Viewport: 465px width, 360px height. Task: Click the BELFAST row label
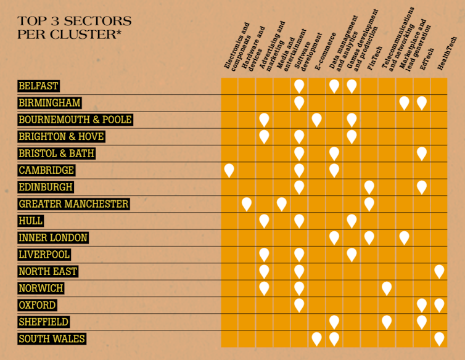[x=39, y=86]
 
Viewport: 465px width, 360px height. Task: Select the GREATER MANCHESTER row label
[x=73, y=203]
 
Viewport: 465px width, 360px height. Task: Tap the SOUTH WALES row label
[x=52, y=338]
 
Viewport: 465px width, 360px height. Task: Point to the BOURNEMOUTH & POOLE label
[x=75, y=120]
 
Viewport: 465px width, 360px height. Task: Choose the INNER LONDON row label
[x=53, y=237]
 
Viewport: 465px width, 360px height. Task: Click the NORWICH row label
[x=41, y=288]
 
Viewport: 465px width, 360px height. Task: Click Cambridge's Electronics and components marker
[x=229, y=170]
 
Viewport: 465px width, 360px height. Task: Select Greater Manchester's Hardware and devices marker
[x=247, y=203]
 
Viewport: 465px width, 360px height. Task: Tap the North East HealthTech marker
[x=439, y=271]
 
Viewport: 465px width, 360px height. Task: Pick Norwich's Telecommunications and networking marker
[x=387, y=287]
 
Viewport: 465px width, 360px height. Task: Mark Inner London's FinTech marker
[x=369, y=237]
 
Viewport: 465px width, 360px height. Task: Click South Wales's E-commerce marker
[x=316, y=338]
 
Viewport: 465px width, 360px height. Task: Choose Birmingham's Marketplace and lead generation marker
[x=404, y=102]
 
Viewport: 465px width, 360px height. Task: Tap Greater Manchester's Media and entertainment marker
[x=282, y=203]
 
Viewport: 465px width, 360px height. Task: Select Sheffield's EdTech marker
[x=422, y=321]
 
